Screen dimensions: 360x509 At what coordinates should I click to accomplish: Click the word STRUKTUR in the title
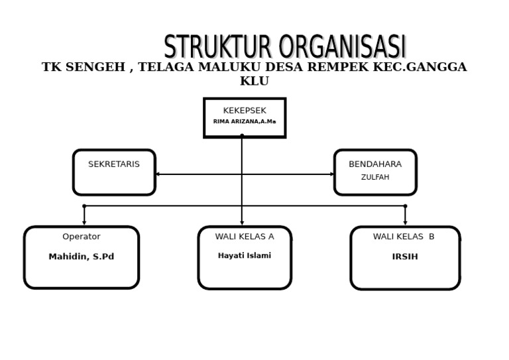218,48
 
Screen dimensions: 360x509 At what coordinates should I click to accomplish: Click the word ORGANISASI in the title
342,48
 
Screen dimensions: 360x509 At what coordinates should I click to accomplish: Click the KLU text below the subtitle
254,82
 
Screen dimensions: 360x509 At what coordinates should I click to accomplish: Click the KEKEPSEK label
245,111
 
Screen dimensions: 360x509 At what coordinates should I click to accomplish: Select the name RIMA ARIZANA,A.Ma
245,122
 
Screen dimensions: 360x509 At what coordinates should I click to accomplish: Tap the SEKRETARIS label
114,164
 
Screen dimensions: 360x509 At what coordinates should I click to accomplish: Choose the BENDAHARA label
375,164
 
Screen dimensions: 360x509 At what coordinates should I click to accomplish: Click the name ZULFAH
375,178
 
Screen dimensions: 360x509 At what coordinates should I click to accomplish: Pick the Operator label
82,237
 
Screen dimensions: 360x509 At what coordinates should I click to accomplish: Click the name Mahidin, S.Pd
82,257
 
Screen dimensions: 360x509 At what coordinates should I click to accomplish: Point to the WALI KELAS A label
245,237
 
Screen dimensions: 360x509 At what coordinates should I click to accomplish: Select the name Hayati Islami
245,256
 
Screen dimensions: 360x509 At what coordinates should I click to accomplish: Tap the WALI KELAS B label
404,237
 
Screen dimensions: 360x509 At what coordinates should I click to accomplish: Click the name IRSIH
405,257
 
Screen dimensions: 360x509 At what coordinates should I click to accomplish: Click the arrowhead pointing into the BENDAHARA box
332,174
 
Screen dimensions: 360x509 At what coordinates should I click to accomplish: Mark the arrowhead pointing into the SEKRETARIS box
158,174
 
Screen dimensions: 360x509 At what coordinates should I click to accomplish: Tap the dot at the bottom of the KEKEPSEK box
242,136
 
